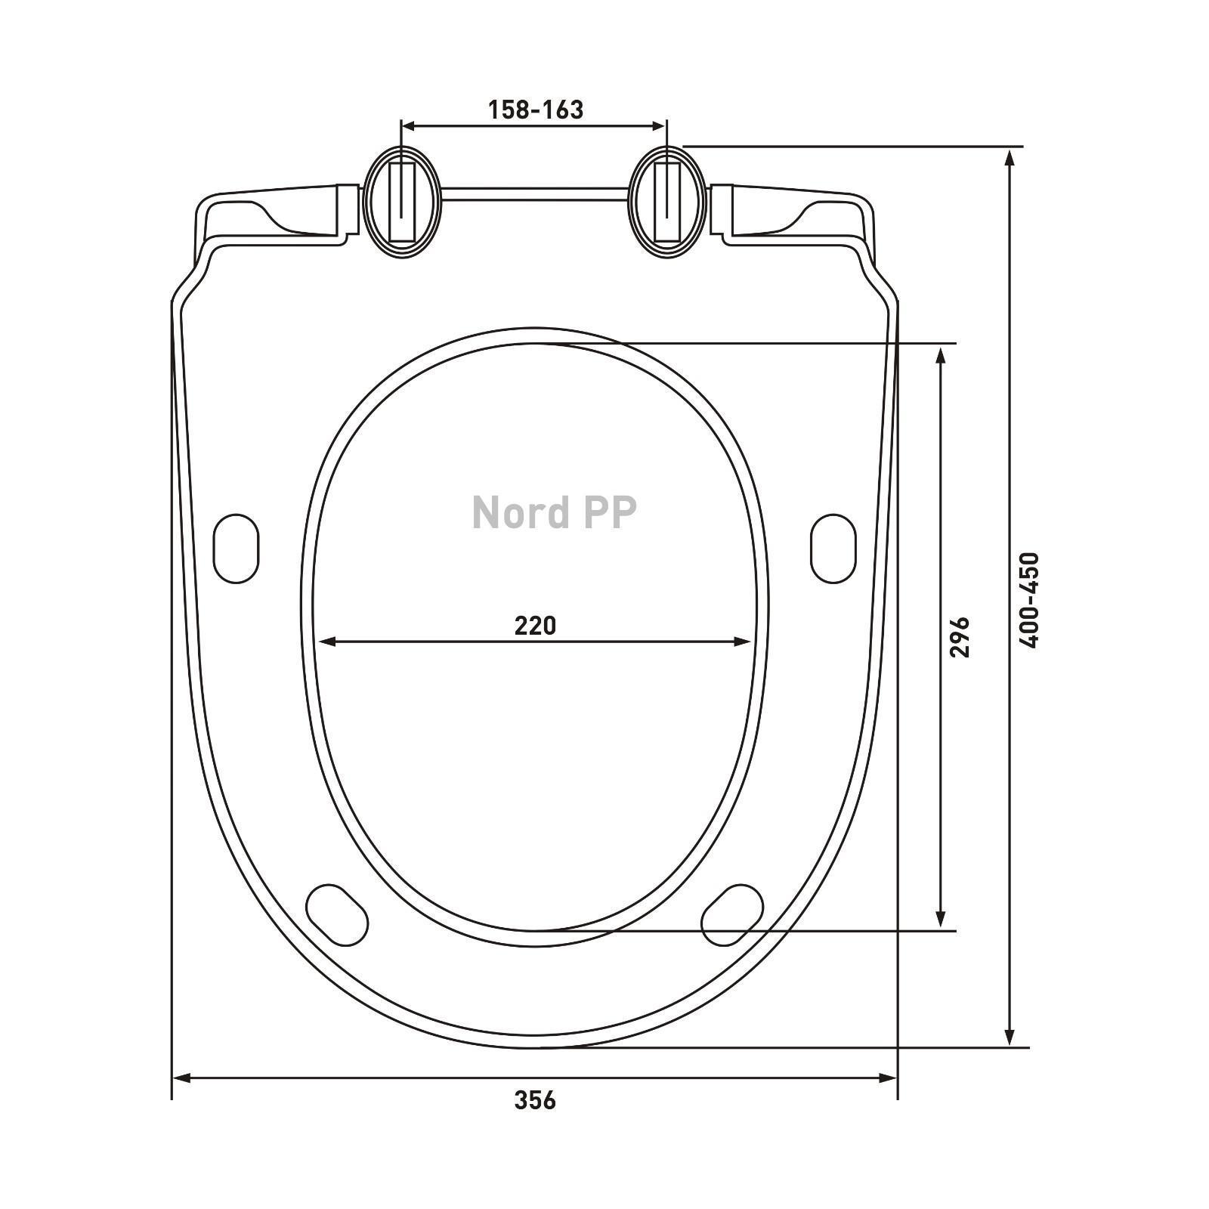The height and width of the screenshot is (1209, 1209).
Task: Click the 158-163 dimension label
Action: [x=535, y=110]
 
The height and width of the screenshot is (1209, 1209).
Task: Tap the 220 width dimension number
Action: [x=535, y=626]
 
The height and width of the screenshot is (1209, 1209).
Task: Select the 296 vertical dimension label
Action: [x=959, y=636]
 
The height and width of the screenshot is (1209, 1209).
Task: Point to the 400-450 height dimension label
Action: [x=1029, y=599]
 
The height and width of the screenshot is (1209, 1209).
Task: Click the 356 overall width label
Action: [x=535, y=1100]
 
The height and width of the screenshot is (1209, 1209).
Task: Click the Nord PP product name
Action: [x=554, y=512]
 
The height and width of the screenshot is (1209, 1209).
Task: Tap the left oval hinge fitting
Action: [x=402, y=202]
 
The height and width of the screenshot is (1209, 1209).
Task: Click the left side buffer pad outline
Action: [x=237, y=549]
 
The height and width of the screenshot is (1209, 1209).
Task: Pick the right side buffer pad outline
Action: [x=833, y=549]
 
